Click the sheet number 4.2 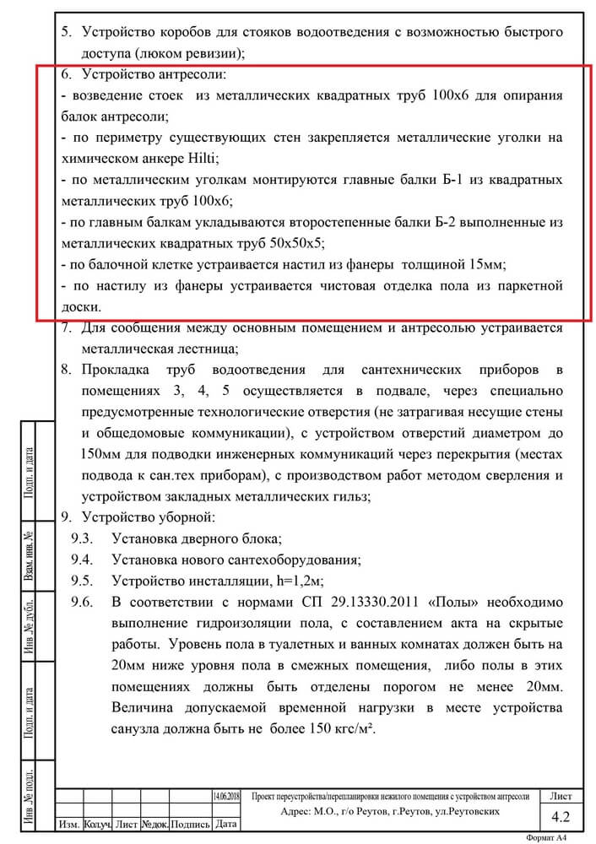click(561, 816)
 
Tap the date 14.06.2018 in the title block click(226, 796)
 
